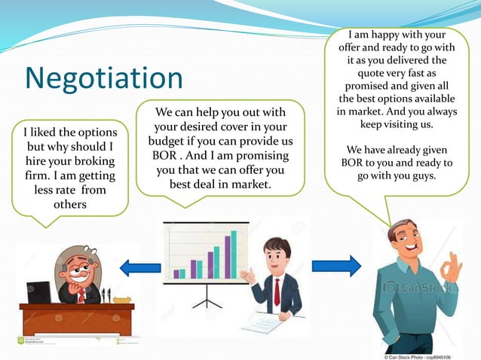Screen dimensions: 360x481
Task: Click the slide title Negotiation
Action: [x=103, y=78]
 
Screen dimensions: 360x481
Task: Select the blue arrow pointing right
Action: [x=336, y=266]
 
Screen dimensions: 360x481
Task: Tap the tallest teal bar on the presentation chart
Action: [x=234, y=254]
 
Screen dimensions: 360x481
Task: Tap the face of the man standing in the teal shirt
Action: [x=408, y=241]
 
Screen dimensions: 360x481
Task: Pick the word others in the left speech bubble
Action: [x=69, y=205]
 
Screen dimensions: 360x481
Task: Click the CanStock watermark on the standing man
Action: [x=418, y=287]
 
